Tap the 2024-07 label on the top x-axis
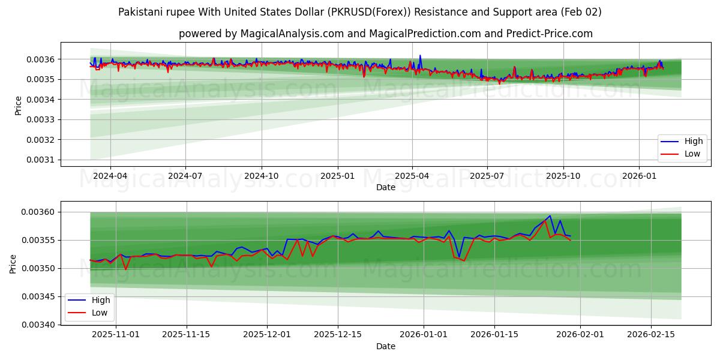pos(185,176)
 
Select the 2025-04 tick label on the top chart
pos(412,176)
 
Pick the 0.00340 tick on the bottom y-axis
pos(38,325)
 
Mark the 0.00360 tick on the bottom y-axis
pos(38,212)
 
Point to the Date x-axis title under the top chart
pos(385,187)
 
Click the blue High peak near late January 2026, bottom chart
pos(550,216)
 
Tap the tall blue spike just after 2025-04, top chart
pos(420,56)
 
